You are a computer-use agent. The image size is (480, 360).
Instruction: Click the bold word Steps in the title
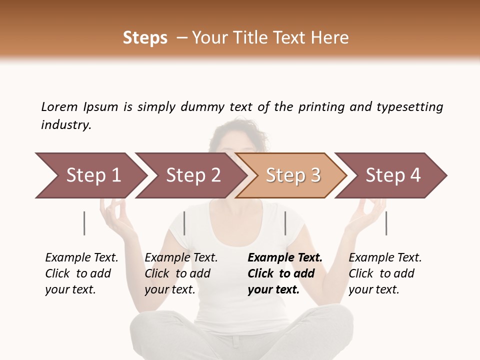pos(145,38)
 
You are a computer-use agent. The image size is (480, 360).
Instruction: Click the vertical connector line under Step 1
pos(84,223)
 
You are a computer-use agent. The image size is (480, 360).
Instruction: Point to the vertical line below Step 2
pos(184,223)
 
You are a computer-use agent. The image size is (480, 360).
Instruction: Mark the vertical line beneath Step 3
pos(285,223)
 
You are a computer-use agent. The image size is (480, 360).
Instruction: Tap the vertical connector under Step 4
pos(386,223)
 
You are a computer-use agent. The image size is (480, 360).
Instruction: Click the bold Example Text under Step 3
pos(285,273)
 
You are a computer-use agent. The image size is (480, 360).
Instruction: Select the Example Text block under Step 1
pos(81,273)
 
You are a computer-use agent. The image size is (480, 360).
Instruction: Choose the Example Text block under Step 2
pos(181,273)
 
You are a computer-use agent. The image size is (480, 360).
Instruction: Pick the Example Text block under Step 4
pos(385,273)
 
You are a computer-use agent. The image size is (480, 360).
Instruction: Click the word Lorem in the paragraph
pos(59,107)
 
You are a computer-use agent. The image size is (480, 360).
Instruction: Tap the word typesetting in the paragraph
pos(409,107)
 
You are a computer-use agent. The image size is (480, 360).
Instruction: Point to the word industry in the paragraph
pos(66,125)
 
